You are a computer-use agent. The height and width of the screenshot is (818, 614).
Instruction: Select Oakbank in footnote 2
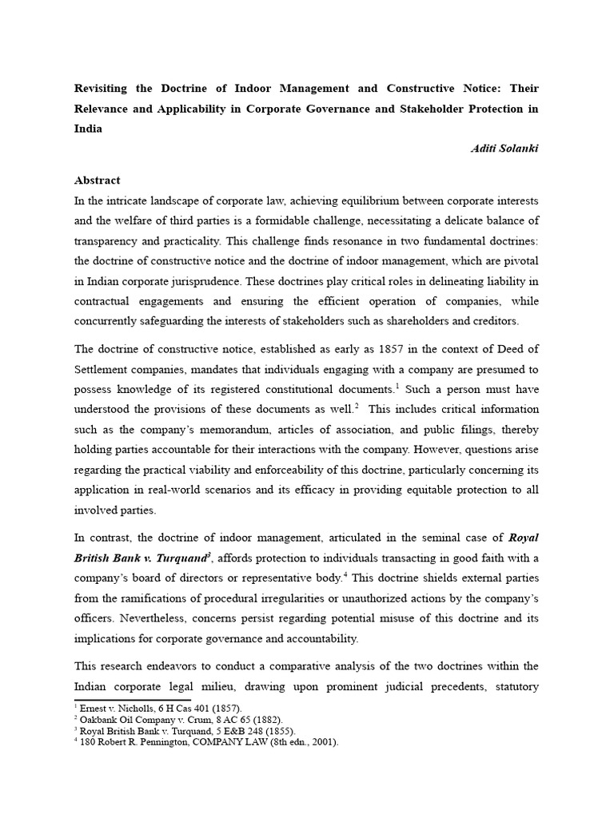102,719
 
